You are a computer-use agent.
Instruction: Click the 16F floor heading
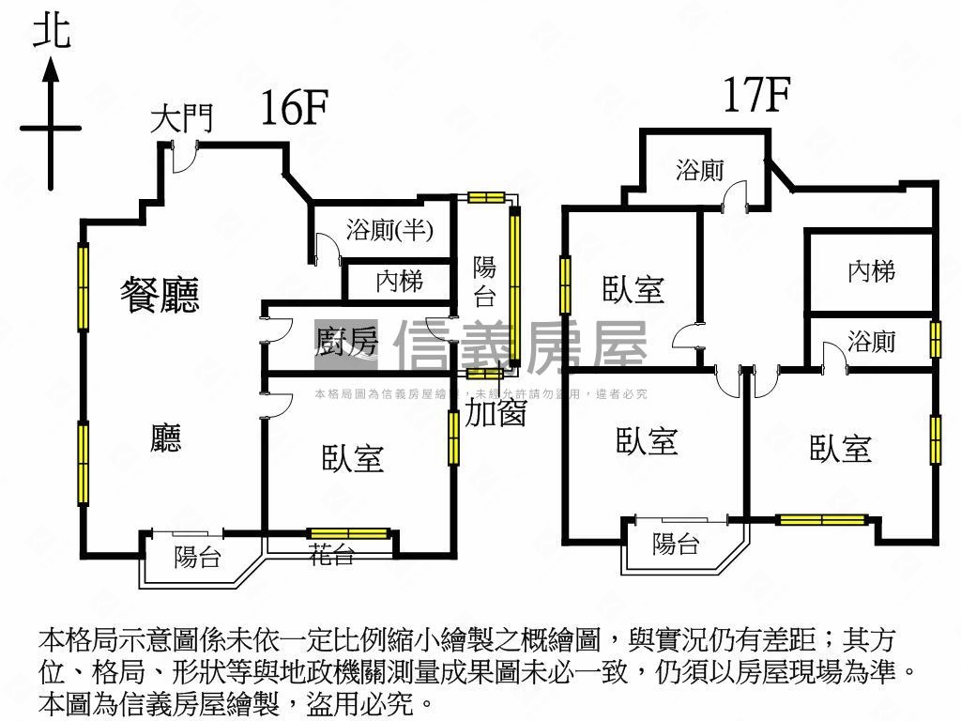click(295, 109)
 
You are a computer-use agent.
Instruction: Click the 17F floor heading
click(756, 95)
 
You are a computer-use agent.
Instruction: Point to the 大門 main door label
click(183, 118)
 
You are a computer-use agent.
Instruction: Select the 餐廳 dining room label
click(160, 295)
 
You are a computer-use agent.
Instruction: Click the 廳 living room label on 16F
click(166, 437)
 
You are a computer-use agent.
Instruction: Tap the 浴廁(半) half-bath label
click(389, 230)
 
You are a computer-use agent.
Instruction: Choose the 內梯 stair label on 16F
click(399, 280)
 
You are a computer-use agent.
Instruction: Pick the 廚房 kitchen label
click(346, 343)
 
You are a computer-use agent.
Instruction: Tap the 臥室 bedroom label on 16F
click(354, 458)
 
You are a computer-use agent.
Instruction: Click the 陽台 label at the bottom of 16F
click(197, 557)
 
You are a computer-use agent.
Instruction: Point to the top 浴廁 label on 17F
click(700, 171)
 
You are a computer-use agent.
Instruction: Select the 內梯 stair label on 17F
click(871, 272)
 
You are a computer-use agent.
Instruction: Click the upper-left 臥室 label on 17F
click(633, 289)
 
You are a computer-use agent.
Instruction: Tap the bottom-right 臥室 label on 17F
click(841, 449)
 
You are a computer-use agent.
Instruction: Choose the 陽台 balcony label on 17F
click(676, 544)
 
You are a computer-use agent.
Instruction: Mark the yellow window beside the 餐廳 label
click(83, 287)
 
